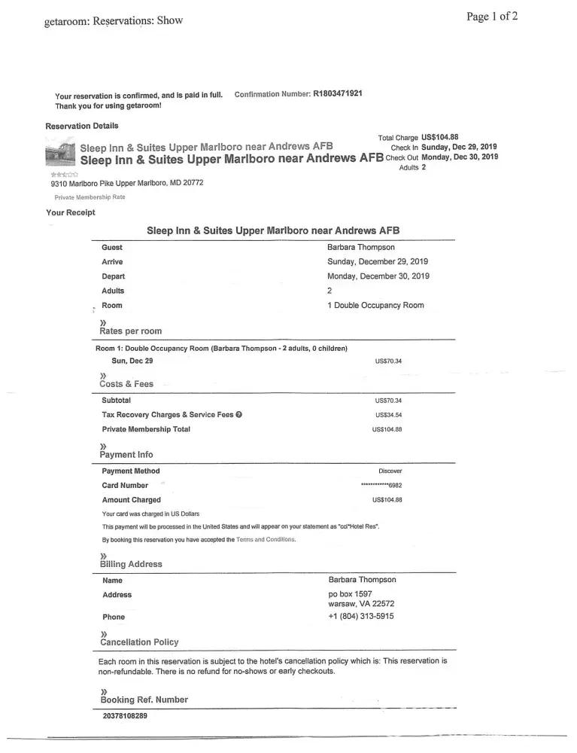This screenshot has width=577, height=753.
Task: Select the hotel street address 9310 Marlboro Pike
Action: click(x=116, y=183)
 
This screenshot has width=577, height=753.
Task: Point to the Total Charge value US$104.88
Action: click(x=440, y=138)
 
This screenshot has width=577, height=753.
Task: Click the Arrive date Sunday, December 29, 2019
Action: click(x=378, y=262)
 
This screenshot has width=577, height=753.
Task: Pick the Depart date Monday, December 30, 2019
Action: click(x=378, y=276)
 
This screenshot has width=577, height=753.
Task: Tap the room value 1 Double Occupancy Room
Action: click(x=375, y=306)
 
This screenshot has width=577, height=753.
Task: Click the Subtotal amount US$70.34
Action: click(x=388, y=401)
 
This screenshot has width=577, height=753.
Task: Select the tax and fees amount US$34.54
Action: click(x=388, y=415)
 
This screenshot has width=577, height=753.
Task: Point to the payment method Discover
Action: click(x=390, y=471)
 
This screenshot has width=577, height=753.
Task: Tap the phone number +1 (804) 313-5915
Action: click(x=361, y=617)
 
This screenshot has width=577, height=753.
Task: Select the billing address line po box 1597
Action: click(x=351, y=593)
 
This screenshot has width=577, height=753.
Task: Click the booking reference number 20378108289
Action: click(x=125, y=716)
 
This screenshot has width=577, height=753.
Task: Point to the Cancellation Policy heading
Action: click(x=139, y=642)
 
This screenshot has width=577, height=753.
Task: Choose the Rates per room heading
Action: click(x=130, y=331)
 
